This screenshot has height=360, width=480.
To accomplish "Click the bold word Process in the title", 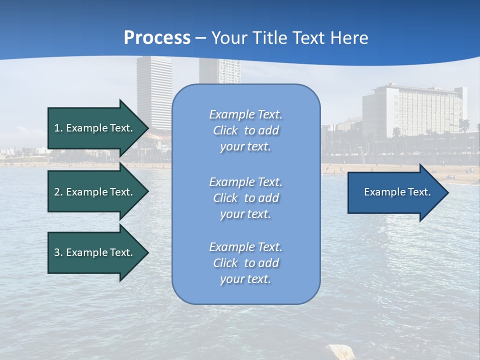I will click(x=157, y=38).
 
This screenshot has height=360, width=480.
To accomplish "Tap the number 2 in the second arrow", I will click(x=57, y=192).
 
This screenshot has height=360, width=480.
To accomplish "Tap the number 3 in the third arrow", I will click(x=57, y=252).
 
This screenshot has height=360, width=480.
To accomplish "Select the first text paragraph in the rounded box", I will click(x=245, y=130).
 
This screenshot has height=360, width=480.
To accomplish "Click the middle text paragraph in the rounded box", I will click(x=245, y=198).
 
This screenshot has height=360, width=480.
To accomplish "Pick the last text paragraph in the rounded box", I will click(x=245, y=263).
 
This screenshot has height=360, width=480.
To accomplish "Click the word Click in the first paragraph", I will click(x=225, y=130).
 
